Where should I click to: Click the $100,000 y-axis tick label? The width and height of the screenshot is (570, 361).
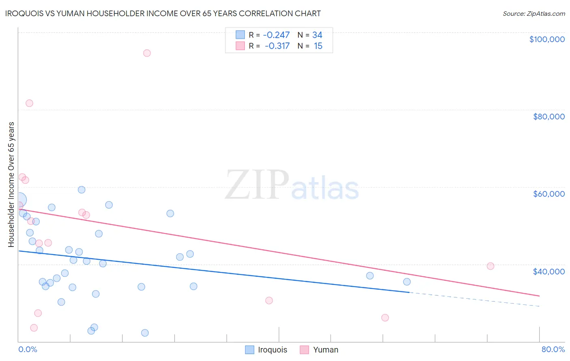pyautogui.click(x=546, y=39)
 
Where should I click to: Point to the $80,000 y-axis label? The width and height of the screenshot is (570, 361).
pyautogui.click(x=549, y=117)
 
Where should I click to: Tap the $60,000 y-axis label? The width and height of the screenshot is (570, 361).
pyautogui.click(x=549, y=194)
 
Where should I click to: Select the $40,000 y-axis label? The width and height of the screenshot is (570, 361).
pyautogui.click(x=549, y=271)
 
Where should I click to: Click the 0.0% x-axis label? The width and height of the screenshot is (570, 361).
pyautogui.click(x=28, y=349)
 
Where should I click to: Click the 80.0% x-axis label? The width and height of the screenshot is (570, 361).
pyautogui.click(x=553, y=349)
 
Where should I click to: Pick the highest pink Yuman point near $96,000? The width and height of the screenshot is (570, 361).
pyautogui.click(x=147, y=53)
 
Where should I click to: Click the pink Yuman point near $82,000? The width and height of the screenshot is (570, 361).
pyautogui.click(x=29, y=103)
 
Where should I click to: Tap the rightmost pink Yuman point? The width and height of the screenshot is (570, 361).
pyautogui.click(x=490, y=266)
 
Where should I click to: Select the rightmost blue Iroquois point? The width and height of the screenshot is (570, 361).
pyautogui.click(x=407, y=282)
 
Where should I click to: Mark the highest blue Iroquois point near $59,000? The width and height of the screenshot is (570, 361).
pyautogui.click(x=81, y=190)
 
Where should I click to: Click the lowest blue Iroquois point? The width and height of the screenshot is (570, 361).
pyautogui.click(x=145, y=333)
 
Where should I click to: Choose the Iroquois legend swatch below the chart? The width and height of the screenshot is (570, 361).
pyautogui.click(x=250, y=350)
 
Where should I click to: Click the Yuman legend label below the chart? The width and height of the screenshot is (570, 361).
pyautogui.click(x=326, y=350)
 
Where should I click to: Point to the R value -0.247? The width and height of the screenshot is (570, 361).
pyautogui.click(x=276, y=35)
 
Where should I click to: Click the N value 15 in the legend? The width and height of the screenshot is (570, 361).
pyautogui.click(x=318, y=46)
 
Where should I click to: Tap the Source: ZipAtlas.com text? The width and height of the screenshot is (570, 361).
pyautogui.click(x=534, y=14)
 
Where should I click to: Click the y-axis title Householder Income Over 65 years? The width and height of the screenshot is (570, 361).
pyautogui.click(x=11, y=184)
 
